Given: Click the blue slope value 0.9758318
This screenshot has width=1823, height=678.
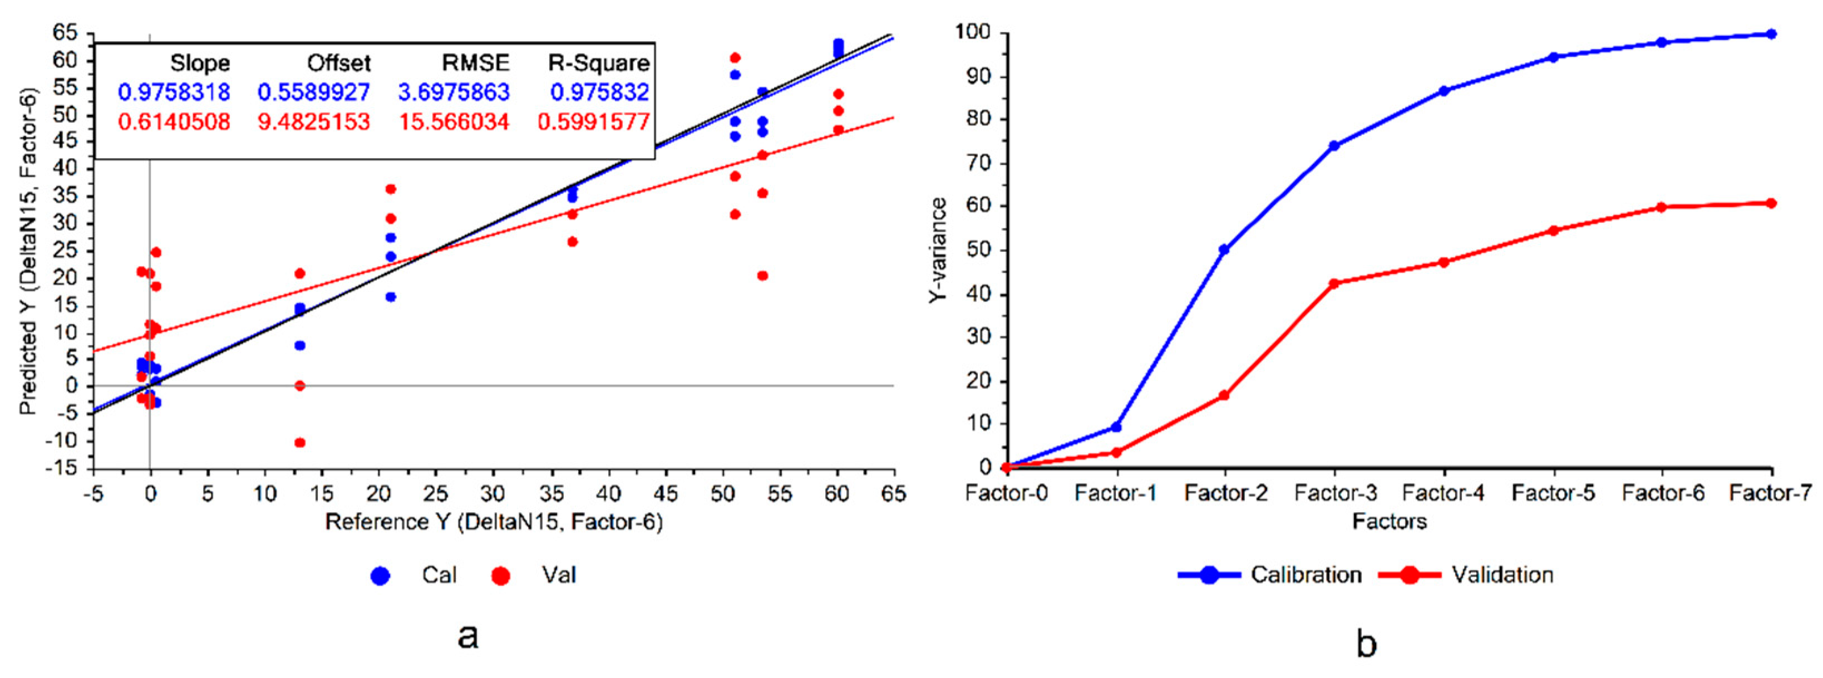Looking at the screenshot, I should tap(174, 92).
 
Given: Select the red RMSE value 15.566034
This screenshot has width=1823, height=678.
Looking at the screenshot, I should tap(454, 122).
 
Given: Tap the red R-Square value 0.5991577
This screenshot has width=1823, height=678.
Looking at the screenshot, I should tap(593, 122).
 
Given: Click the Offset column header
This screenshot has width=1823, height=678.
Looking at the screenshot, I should tap(338, 63).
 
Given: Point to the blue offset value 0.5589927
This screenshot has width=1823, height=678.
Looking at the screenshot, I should tap(313, 92).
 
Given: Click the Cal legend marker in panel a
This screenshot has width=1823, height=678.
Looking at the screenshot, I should tap(381, 576).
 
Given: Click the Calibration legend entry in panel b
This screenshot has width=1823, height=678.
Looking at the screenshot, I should tap(1270, 574).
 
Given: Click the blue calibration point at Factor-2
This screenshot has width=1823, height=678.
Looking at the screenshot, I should tap(1224, 250).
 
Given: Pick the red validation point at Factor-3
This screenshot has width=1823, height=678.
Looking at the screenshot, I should tap(1334, 284).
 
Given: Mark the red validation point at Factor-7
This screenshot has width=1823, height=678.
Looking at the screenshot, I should tap(1771, 203).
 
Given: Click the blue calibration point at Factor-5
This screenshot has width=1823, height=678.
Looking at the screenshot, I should tap(1553, 57).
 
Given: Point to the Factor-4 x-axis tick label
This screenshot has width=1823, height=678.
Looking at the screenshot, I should tap(1443, 493).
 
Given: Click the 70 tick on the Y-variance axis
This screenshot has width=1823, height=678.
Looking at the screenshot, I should tap(979, 163).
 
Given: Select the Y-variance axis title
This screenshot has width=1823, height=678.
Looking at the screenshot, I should tap(938, 251).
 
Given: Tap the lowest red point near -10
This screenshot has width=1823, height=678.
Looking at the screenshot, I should tap(299, 443).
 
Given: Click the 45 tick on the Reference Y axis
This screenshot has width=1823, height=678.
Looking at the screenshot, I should tap(665, 493).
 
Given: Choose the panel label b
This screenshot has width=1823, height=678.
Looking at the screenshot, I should tap(1366, 642).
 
